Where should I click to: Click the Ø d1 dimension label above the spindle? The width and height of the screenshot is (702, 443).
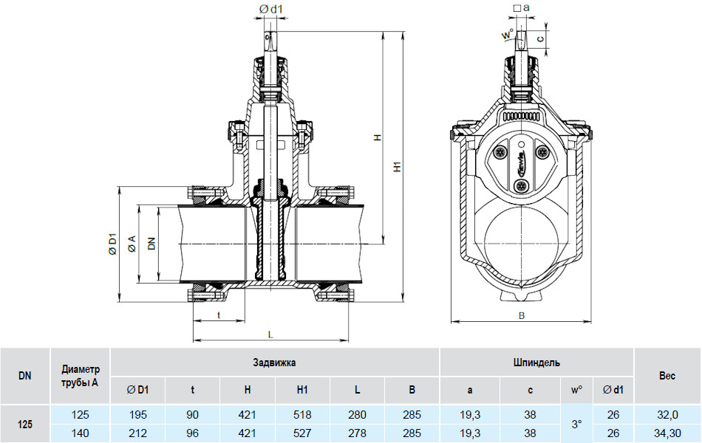(271, 9)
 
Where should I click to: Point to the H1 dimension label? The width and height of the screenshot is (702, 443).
(398, 166)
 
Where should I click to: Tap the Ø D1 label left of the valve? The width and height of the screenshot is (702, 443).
(112, 244)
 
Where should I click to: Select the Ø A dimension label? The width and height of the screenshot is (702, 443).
(132, 244)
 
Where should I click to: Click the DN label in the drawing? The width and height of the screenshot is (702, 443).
(151, 243)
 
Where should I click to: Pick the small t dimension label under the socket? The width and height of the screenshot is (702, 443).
(219, 315)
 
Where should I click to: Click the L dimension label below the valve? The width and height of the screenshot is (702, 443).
(270, 334)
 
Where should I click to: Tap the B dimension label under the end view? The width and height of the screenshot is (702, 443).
(522, 315)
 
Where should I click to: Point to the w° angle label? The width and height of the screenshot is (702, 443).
(507, 35)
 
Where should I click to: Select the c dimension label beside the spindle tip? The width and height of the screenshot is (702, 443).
(541, 39)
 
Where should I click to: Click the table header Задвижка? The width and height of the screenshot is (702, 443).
(274, 363)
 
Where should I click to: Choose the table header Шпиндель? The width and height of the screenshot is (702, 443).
(536, 363)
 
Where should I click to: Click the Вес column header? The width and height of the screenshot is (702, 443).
(667, 376)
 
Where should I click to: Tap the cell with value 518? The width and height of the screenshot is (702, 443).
(302, 415)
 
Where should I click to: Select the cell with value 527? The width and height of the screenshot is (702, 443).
(302, 433)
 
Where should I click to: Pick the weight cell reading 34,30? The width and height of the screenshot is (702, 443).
(667, 433)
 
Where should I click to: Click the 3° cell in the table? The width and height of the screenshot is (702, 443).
(576, 424)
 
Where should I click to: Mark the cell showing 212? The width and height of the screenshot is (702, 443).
(138, 433)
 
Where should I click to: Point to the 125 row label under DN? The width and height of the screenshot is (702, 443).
(25, 424)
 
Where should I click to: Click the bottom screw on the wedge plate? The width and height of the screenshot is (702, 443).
(519, 186)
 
